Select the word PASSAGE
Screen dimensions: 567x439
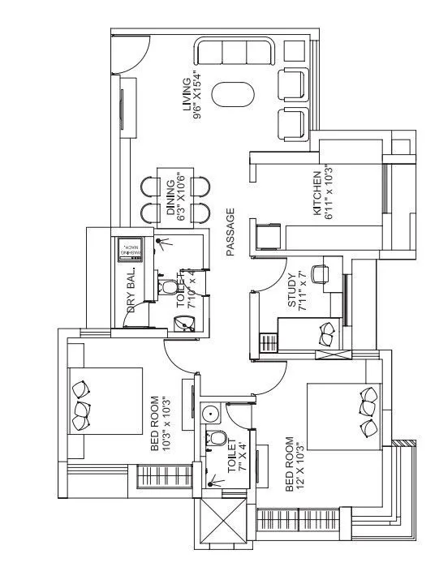230,233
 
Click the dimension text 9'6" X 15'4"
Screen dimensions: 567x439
197,94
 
